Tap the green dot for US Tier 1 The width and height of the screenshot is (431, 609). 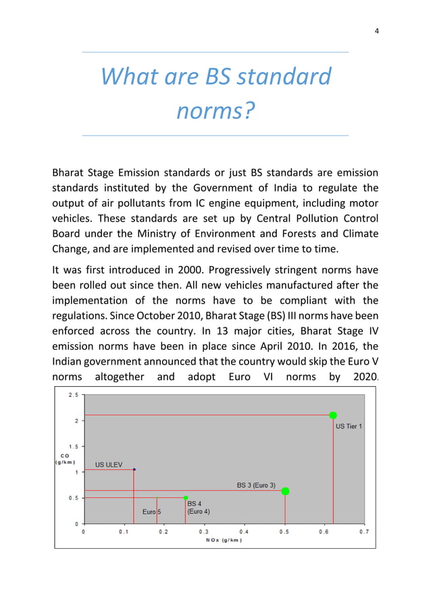333,415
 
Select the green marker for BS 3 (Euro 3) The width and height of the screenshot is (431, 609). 285,491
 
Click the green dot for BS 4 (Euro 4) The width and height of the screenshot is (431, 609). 186,498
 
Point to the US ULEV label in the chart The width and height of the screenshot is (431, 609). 108,465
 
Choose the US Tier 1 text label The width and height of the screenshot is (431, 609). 349,427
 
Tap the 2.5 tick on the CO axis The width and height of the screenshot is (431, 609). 71,395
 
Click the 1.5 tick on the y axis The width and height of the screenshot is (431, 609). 71,446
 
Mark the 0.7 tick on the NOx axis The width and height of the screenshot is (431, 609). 364,531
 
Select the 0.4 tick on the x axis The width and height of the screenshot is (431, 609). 244,531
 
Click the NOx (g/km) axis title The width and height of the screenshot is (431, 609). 224,540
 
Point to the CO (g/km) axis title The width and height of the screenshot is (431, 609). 65,458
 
